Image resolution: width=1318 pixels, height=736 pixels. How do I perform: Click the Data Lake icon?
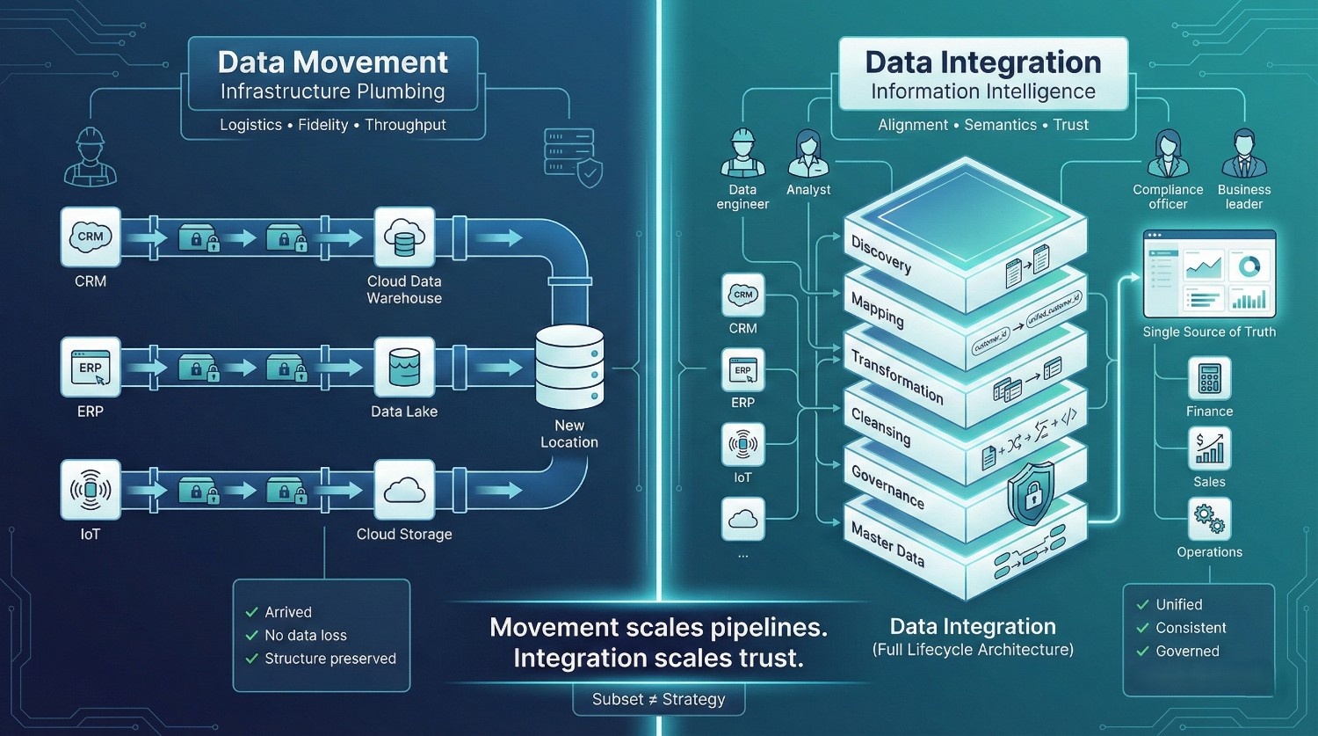404,368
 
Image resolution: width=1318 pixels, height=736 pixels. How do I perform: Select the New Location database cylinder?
569,367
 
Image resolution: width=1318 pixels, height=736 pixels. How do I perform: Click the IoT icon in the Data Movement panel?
91,489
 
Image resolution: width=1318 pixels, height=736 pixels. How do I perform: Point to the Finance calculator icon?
1209,379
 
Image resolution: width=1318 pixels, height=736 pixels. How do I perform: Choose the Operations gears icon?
1209,519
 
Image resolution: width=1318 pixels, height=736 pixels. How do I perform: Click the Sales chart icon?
1209,448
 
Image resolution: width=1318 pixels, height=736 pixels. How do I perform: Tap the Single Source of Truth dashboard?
1209,274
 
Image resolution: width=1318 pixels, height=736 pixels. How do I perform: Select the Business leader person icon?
1243,155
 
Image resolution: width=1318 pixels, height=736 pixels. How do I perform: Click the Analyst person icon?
808,155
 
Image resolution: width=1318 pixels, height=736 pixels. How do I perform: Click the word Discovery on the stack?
881,253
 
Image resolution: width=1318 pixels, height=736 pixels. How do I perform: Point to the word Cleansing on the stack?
880,426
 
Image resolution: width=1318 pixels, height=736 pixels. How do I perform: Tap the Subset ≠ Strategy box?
658,700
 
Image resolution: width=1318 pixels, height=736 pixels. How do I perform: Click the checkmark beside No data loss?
252,635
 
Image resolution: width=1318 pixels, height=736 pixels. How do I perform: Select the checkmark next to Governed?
1143,652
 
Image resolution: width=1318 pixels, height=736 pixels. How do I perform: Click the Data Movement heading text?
332,62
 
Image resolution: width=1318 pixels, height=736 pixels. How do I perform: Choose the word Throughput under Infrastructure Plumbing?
405,125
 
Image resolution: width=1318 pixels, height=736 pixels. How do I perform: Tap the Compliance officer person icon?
1168,155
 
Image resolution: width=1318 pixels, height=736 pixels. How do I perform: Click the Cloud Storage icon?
404,490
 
